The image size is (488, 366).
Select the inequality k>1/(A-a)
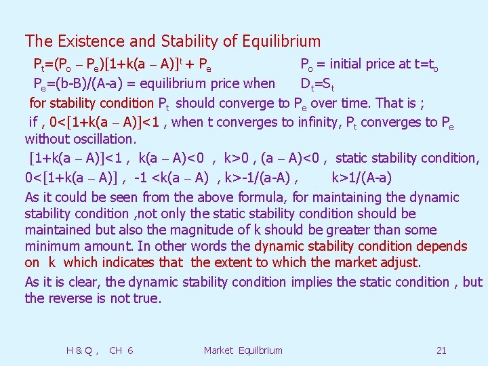(361, 178)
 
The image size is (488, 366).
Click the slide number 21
(441, 350)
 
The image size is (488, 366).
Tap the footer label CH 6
(121, 350)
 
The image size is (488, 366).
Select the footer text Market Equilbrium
(243, 350)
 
